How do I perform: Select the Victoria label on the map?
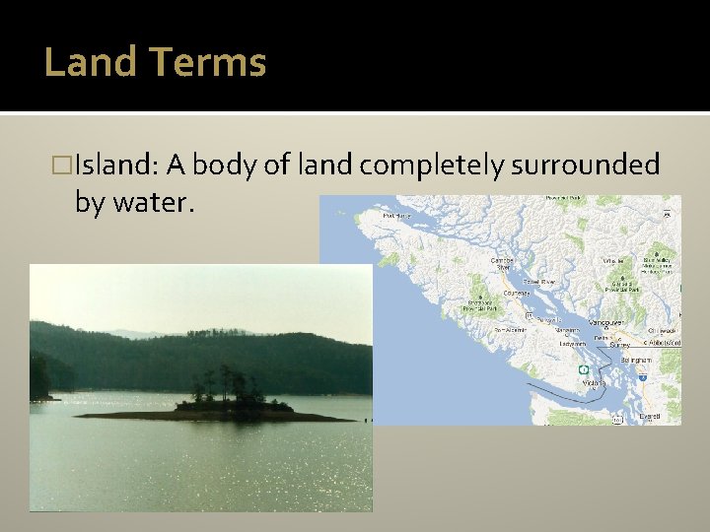tap(594, 382)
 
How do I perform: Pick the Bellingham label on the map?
tap(636, 361)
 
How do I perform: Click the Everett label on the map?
tap(649, 416)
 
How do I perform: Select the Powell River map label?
tap(539, 281)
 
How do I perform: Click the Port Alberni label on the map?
tap(509, 329)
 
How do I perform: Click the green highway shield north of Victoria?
tap(583, 369)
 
